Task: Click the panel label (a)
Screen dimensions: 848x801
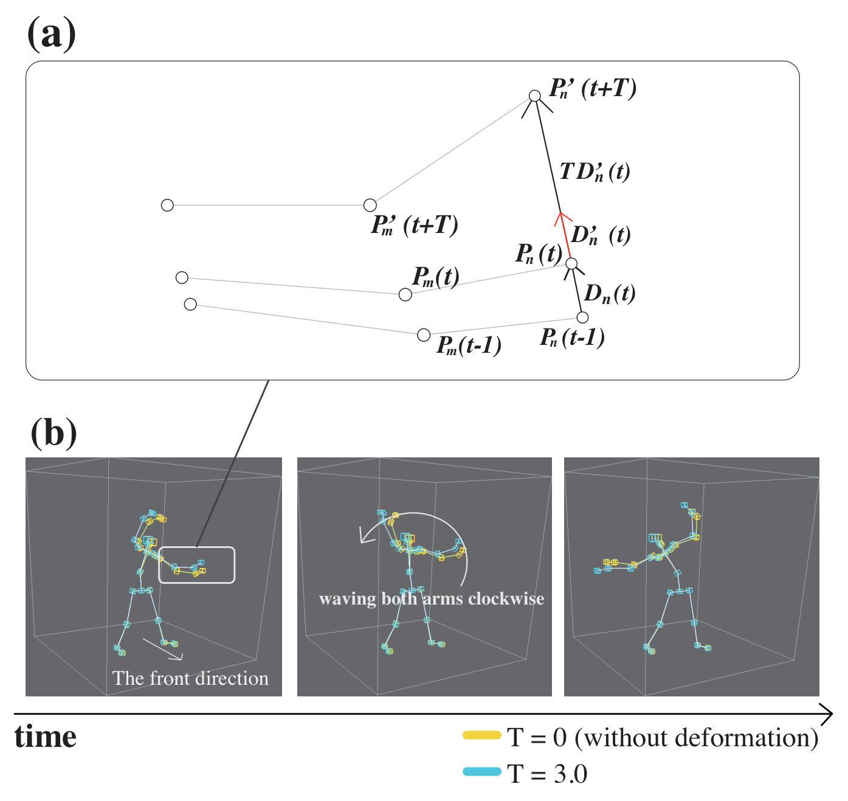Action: tap(51, 35)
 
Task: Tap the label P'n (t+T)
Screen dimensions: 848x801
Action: tap(593, 89)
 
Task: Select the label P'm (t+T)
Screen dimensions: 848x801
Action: tap(414, 225)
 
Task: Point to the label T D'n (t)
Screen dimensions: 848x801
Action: tap(595, 172)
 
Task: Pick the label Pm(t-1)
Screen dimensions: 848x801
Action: tap(469, 345)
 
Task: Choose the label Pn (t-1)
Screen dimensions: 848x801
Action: tap(572, 338)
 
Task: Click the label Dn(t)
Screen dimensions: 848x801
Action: tap(610, 294)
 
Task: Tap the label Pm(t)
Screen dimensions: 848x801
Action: tap(435, 277)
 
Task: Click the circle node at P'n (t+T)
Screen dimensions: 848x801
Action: tap(534, 95)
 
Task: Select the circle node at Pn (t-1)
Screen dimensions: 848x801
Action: tap(582, 317)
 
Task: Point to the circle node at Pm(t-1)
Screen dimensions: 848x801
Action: tap(424, 335)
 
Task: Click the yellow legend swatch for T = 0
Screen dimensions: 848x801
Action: tap(482, 735)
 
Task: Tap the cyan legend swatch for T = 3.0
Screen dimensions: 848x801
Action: tap(482, 772)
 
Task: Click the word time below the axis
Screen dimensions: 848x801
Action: tap(45, 737)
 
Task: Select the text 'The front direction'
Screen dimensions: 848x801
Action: tap(190, 678)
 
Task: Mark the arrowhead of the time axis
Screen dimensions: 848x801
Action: tap(832, 714)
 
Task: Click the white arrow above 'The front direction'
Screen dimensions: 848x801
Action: tap(163, 650)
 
